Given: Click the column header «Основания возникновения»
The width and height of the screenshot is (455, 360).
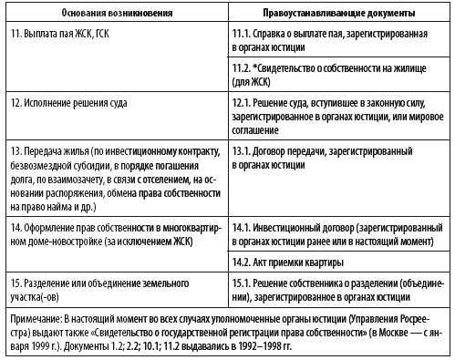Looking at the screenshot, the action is coord(113,15).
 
